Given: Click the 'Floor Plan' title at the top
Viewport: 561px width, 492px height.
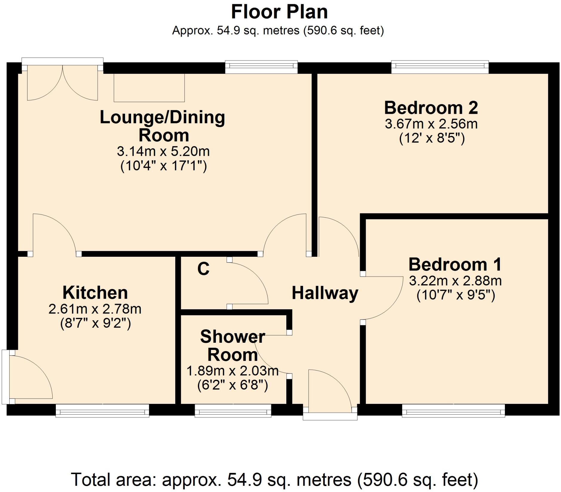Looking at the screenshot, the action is click(279, 12).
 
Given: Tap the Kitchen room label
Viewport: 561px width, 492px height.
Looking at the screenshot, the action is click(95, 293).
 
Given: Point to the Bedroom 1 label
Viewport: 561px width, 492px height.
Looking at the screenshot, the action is click(455, 264).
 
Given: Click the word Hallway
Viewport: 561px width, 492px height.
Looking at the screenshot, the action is click(325, 293).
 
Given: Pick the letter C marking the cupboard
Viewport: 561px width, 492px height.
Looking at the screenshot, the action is click(203, 269).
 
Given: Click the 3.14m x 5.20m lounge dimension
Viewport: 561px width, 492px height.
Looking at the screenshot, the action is click(163, 151).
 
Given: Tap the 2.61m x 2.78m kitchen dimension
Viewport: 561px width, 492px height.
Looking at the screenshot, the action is click(95, 309).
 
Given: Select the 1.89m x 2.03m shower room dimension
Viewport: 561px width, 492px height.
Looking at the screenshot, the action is click(233, 371).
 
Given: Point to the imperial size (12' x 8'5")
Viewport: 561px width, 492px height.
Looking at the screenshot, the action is click(432, 138).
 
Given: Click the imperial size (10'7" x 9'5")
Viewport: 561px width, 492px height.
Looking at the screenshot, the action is click(456, 295).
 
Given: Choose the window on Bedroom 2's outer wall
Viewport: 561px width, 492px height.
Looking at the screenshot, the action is click(440, 67).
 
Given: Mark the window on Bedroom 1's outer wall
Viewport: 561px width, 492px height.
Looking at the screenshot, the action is click(454, 410).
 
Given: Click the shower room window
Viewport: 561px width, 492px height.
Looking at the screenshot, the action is click(233, 410).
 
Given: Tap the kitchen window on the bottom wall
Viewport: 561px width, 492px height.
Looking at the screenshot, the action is click(102, 410).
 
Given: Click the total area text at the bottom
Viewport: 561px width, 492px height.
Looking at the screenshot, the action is click(274, 479).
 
